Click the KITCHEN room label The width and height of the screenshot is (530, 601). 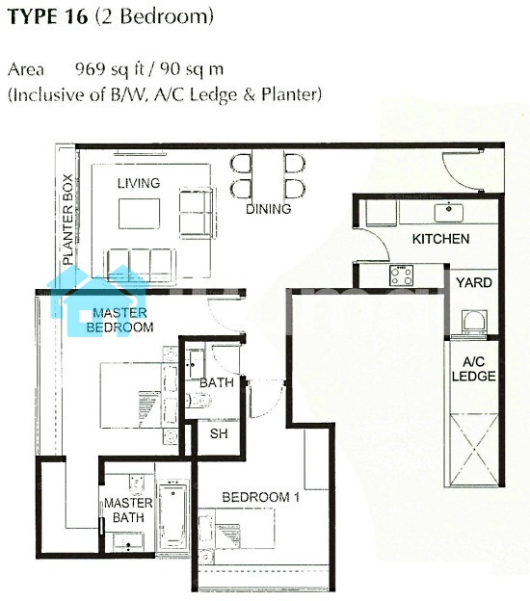click(x=440, y=239)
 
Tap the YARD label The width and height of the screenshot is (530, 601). click(x=474, y=282)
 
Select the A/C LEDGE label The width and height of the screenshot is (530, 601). click(x=473, y=369)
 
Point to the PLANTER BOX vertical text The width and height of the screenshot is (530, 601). click(x=67, y=220)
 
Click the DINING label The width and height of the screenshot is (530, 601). click(x=269, y=209)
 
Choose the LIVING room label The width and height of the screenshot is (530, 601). click(x=139, y=183)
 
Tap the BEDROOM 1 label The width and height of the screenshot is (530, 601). click(x=261, y=497)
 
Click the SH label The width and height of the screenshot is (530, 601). click(x=219, y=433)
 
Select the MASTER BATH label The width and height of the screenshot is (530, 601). click(x=128, y=510)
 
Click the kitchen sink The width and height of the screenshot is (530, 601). click(x=448, y=212)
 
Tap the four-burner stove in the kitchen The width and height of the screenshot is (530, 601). click(x=401, y=275)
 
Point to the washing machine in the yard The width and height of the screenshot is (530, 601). click(x=473, y=323)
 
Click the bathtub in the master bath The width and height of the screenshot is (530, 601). click(x=173, y=515)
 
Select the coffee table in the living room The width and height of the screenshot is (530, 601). click(x=139, y=214)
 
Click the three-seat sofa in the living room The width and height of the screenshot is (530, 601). click(x=140, y=266)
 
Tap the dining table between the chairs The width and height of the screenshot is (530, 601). click(x=268, y=174)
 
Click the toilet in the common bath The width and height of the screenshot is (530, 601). click(x=199, y=401)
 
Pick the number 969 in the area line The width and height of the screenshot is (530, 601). click(x=91, y=69)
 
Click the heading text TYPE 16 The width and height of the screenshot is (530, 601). click(x=48, y=17)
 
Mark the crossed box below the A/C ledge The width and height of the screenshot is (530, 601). click(x=474, y=450)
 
